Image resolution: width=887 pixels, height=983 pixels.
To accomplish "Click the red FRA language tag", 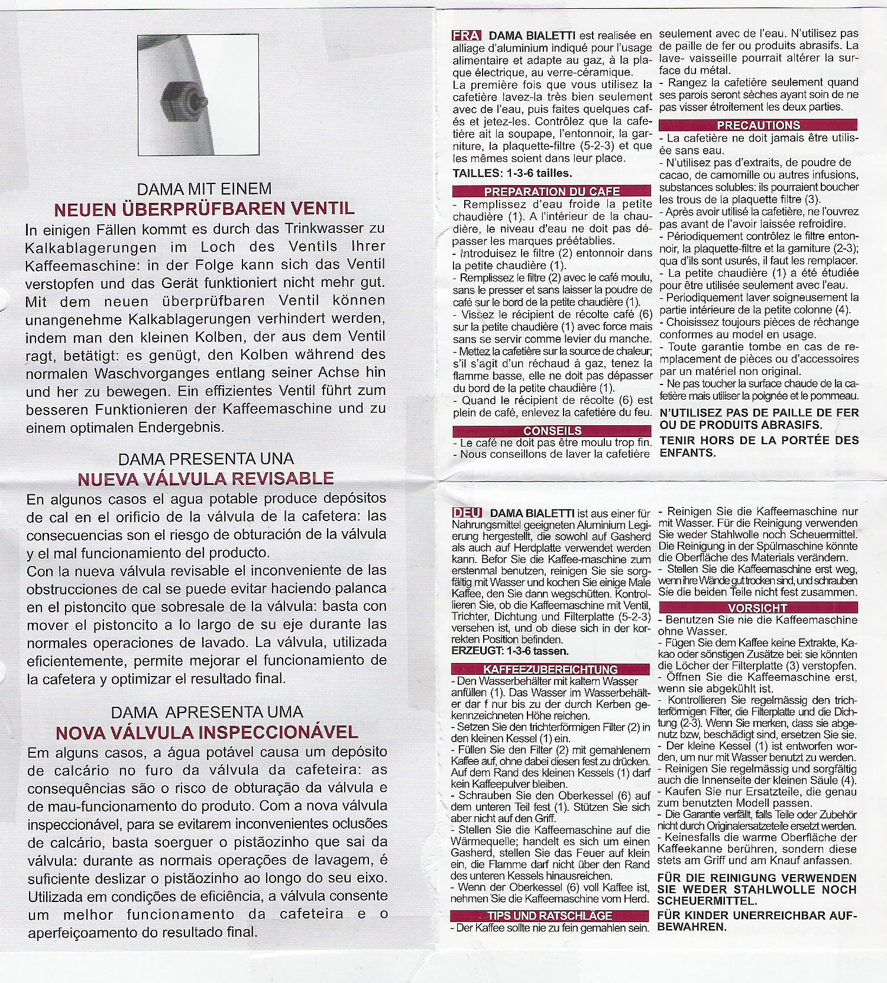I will pyautogui.click(x=466, y=35).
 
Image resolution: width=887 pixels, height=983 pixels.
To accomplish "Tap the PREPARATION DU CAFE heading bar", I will pyautogui.click(x=552, y=191).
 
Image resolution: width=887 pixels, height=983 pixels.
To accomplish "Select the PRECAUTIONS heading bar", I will pyautogui.click(x=758, y=125).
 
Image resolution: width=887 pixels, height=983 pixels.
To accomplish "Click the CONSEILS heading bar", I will pyautogui.click(x=552, y=431).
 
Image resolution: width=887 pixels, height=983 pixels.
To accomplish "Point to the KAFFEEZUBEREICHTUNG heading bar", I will pyautogui.click(x=550, y=669).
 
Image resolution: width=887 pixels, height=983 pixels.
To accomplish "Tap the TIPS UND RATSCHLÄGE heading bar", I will pyautogui.click(x=549, y=916).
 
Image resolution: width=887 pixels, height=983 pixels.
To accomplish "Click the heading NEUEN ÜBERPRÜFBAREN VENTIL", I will pyautogui.click(x=204, y=209).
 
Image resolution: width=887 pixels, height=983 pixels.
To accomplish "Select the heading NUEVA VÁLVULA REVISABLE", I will pyautogui.click(x=205, y=478).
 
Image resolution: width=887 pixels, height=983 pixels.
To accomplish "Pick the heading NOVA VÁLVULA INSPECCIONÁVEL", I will pyautogui.click(x=206, y=732).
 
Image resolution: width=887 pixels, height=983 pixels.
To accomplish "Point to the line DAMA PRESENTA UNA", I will pyautogui.click(x=206, y=459).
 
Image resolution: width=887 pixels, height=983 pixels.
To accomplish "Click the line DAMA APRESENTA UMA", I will pyautogui.click(x=206, y=712).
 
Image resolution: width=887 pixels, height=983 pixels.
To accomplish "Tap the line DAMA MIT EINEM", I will pyautogui.click(x=204, y=189).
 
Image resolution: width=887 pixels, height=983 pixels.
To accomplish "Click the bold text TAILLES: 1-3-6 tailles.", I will pyautogui.click(x=512, y=173).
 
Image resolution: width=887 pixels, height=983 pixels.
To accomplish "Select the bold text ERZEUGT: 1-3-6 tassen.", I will pyautogui.click(x=510, y=651).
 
